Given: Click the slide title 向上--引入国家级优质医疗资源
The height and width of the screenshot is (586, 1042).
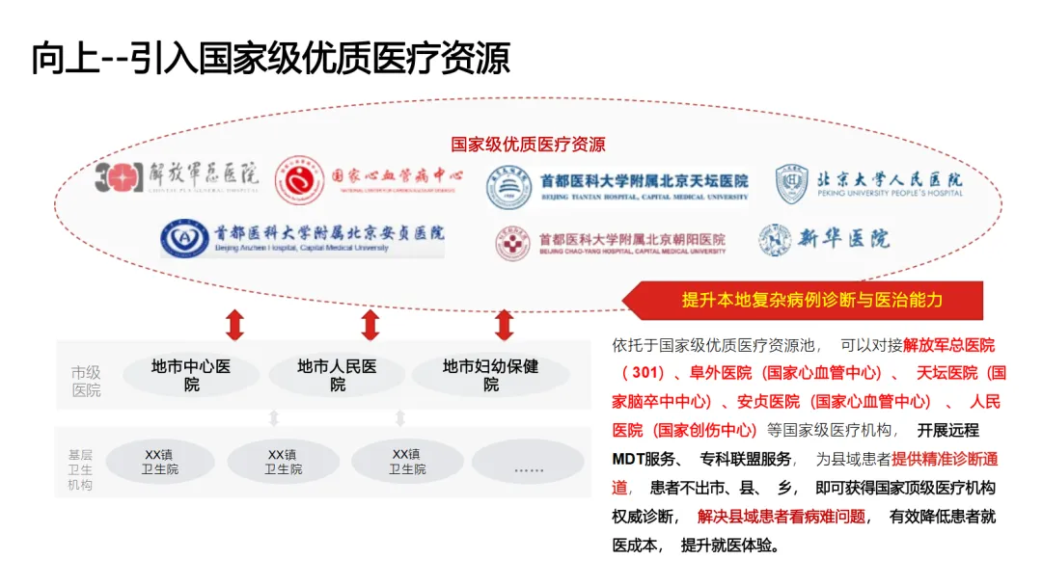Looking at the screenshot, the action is (270, 59).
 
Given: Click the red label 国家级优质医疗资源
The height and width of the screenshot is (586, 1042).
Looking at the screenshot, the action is (528, 145).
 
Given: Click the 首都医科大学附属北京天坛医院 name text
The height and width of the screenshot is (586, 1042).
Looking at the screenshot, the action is (644, 180).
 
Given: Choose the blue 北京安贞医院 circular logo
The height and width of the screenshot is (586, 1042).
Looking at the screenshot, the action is (182, 237).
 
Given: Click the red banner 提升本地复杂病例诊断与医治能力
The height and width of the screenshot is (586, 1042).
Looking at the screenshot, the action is (812, 300).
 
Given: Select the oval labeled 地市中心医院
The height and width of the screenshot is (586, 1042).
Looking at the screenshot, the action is (191, 375).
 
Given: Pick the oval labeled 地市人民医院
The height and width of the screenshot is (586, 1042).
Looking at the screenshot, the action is (337, 375).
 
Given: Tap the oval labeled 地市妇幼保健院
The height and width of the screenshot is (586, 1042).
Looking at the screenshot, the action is (491, 375).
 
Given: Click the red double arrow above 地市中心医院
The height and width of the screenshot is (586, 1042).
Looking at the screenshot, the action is (234, 325).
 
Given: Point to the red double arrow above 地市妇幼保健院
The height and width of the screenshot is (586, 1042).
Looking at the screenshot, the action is (504, 325).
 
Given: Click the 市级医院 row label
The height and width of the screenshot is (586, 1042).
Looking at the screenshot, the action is (86, 381).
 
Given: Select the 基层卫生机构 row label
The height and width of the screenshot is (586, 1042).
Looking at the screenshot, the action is (80, 468).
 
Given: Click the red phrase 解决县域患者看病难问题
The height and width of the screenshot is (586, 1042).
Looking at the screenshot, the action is (781, 516).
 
